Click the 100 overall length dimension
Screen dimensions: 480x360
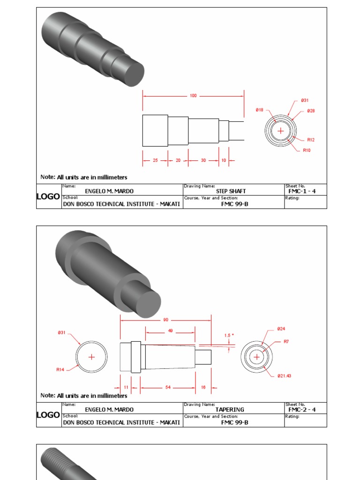193,96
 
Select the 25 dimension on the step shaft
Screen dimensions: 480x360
155,160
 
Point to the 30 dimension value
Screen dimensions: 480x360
203,160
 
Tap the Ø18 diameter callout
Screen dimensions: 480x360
259,110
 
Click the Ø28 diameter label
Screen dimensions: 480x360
311,111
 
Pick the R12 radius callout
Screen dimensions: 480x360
311,140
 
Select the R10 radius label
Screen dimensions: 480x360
307,150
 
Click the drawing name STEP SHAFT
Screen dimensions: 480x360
231,191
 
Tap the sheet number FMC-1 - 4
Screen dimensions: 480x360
302,191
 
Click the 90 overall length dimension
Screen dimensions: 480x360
166,320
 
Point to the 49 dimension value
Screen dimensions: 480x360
170,330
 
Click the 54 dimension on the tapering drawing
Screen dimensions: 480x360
168,388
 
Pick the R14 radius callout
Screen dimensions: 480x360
60,370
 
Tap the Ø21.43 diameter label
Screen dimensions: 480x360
284,376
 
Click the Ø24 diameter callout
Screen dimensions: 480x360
281,329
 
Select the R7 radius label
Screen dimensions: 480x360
286,342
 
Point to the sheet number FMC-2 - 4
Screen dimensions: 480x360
302,410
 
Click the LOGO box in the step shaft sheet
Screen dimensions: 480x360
48,196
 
